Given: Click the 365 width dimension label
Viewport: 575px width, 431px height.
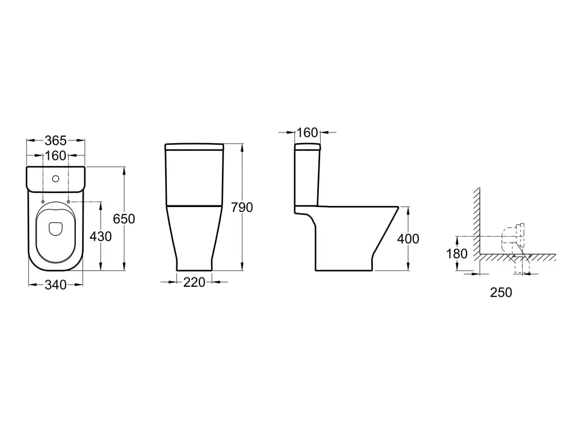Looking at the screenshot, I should pos(56,140).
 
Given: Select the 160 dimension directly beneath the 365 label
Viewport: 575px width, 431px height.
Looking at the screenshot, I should pos(56,155).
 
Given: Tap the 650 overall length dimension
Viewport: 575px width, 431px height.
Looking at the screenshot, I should pos(124,219).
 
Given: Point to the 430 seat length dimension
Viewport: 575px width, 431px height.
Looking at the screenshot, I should pos(101,236).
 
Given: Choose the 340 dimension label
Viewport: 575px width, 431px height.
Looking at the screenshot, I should pos(56,285).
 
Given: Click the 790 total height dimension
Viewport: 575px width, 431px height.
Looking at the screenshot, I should pos(242,208).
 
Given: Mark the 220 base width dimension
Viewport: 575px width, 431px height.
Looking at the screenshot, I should pos(194,282).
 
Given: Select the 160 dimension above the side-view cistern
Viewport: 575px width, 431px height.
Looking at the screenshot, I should pos(307,133).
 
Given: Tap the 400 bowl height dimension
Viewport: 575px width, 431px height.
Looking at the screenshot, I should pos(408,239).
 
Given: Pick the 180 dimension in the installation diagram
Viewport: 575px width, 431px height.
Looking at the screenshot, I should pos(457,254).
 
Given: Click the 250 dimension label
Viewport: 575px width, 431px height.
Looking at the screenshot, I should pos(501,292).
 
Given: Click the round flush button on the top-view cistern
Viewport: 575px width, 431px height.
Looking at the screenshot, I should pos(56,180).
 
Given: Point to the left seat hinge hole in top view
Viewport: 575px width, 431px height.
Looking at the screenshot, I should pos(43,201).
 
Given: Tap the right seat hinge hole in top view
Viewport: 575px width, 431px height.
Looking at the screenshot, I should pos(69,201).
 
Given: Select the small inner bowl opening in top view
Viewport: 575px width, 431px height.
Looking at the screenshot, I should pos(56,229).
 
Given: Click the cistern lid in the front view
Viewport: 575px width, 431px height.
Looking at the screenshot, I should pos(194,147).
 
